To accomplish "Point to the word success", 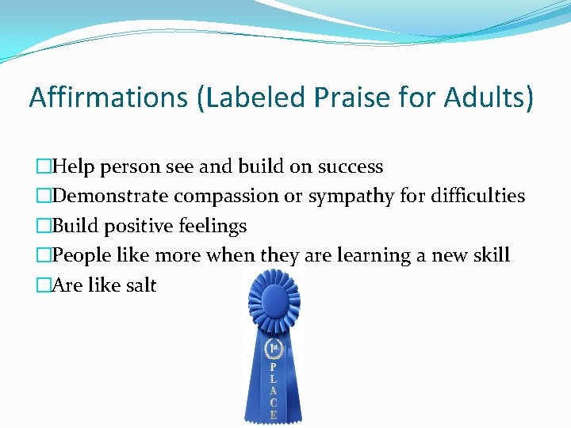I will tap(351, 167).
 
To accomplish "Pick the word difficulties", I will tap(478, 196).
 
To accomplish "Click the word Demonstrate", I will tap(111, 197).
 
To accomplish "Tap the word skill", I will tap(491, 255).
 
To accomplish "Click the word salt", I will tap(140, 285).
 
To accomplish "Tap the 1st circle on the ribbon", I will tap(274, 349).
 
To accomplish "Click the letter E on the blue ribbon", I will tap(274, 413).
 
